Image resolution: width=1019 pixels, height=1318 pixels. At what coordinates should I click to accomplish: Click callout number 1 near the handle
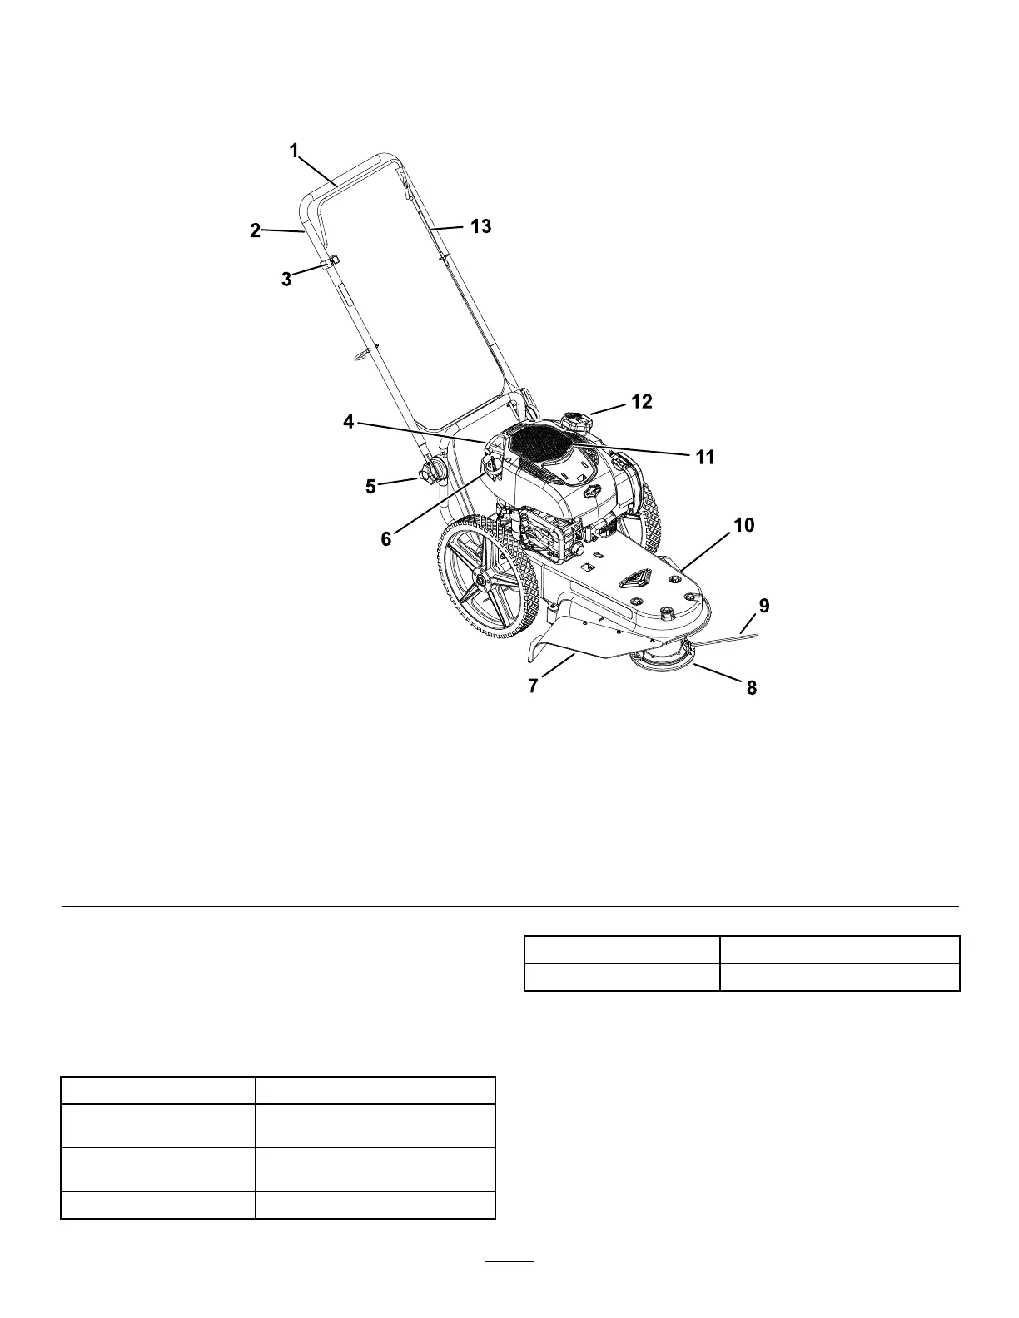tap(294, 151)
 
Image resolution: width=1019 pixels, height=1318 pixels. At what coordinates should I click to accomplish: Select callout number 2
tap(256, 231)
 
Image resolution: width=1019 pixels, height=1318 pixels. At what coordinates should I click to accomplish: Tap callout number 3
tap(286, 280)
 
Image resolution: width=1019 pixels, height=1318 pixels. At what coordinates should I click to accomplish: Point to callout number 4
tap(349, 422)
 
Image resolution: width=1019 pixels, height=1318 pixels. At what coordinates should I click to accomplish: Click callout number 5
tap(371, 486)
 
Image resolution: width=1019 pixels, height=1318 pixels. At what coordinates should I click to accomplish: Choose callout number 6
tap(386, 538)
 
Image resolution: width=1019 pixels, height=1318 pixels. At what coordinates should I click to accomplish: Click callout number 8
tap(751, 688)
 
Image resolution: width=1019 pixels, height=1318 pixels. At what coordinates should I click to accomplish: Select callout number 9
tap(764, 606)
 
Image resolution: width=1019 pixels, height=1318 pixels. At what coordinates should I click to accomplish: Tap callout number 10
tap(743, 525)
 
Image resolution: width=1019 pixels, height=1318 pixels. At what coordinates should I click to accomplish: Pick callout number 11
tap(705, 458)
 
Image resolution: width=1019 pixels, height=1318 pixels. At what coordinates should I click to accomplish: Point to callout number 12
tap(642, 402)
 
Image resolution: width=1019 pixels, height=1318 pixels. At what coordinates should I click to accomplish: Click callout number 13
tap(480, 225)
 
